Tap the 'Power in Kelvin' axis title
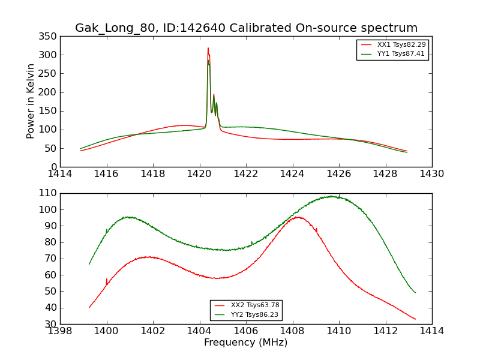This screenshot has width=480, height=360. (x=31, y=101)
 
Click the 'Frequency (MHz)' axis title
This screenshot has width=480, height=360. (x=245, y=343)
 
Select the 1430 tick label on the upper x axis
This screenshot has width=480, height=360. (x=431, y=174)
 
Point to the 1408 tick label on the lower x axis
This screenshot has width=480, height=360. (x=292, y=331)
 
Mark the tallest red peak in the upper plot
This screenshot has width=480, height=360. (x=208, y=49)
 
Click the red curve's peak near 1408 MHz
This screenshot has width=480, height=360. (x=296, y=217)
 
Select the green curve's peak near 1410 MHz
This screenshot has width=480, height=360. (x=331, y=196)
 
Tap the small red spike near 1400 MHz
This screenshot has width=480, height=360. (x=106, y=279)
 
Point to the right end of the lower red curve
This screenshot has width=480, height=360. (x=415, y=319)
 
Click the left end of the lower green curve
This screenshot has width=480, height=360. (x=89, y=264)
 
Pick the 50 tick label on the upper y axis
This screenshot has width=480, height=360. (x=51, y=148)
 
